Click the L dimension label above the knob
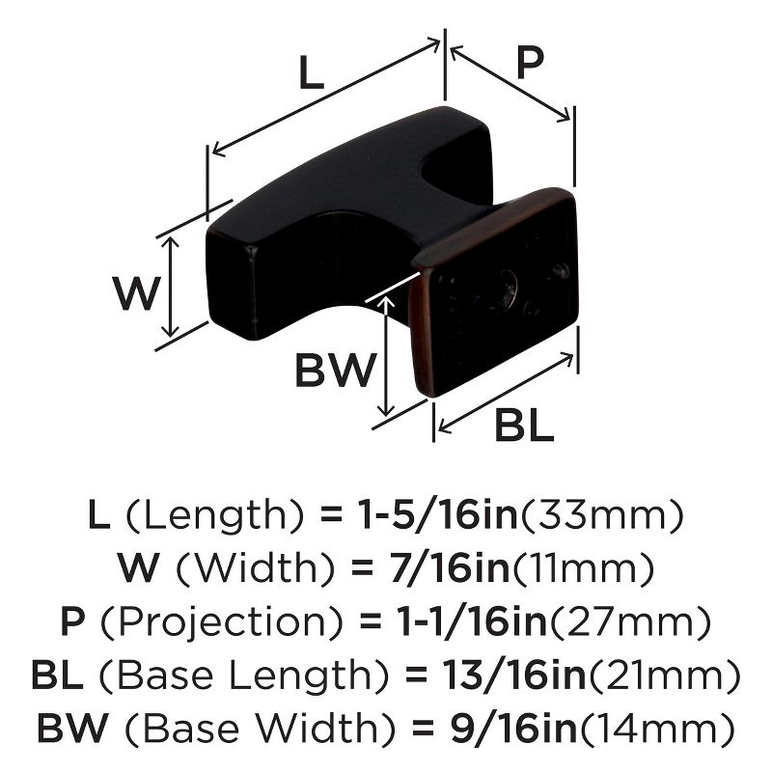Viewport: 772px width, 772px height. coord(309,73)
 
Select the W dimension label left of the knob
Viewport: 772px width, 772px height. coord(133,293)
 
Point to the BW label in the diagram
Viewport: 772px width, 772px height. coord(334,370)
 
